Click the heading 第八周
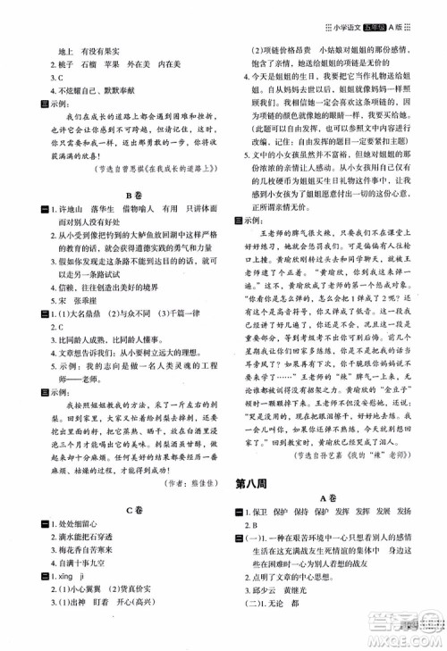(x=260, y=486)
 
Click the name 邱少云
(x=273, y=599)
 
